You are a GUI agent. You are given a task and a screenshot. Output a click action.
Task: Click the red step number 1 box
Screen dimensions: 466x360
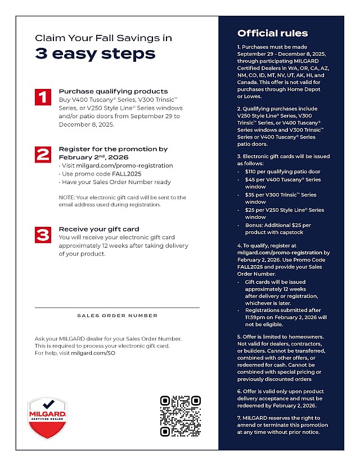[x=43, y=97]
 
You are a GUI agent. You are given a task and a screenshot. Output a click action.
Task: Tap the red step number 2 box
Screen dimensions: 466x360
[x=43, y=155]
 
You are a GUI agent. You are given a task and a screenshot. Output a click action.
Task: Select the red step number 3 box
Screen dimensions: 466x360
[x=43, y=235]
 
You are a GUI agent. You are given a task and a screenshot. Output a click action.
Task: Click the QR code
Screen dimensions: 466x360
[x=180, y=416]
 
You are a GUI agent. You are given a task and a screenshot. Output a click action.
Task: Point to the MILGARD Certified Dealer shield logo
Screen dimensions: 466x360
[x=47, y=419]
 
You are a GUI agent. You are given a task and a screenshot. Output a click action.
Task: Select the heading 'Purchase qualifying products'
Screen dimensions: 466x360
[x=113, y=91]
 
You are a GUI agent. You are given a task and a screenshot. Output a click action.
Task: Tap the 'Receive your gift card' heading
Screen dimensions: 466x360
[x=99, y=229]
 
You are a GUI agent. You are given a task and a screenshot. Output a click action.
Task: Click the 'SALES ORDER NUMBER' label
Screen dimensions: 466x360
[x=117, y=316]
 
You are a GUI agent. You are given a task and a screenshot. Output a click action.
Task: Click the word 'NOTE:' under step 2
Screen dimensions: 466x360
[x=67, y=198]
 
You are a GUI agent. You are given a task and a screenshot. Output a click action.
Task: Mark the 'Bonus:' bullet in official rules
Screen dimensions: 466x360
[x=255, y=225]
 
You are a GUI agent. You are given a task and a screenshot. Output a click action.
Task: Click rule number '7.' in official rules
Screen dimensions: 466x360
[x=239, y=418]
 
